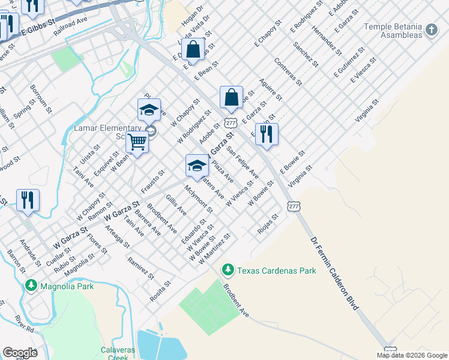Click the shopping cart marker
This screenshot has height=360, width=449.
137,143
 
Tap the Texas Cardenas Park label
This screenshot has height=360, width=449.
276,271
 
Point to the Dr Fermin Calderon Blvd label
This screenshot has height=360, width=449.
335,274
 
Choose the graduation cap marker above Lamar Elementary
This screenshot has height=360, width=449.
148,110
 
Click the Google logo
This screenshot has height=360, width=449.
20,353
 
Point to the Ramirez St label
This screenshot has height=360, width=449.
141,268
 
